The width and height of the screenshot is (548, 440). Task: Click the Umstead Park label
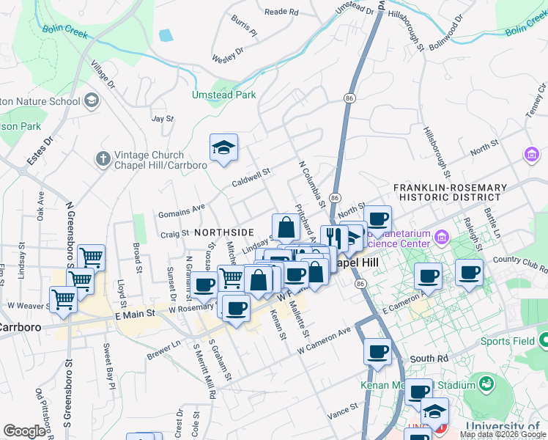[x=224, y=95]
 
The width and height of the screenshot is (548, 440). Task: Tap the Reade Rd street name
[x=281, y=12]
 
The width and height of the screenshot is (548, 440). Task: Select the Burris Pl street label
[x=244, y=26]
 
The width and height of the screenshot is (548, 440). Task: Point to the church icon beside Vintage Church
[x=103, y=158]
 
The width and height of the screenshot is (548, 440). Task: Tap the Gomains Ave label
[x=182, y=211]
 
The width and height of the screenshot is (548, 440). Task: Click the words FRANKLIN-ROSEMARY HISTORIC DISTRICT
[x=449, y=193]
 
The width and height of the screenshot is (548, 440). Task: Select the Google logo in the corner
[x=24, y=431]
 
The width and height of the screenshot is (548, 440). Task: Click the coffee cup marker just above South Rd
[x=378, y=352]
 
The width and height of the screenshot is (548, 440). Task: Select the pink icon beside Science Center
[x=441, y=237]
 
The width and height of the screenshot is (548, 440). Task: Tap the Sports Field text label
[x=506, y=341]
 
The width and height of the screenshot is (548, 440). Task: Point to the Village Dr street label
[x=103, y=75]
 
